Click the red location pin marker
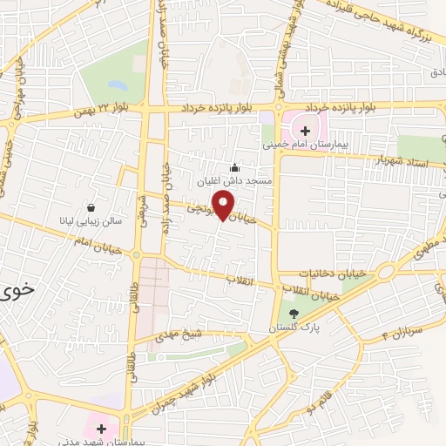[224, 206]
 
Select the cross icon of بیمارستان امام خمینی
[304, 130]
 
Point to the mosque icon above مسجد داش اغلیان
[233, 167]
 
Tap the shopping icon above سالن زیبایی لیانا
[91, 207]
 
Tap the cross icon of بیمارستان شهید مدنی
[101, 429]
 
